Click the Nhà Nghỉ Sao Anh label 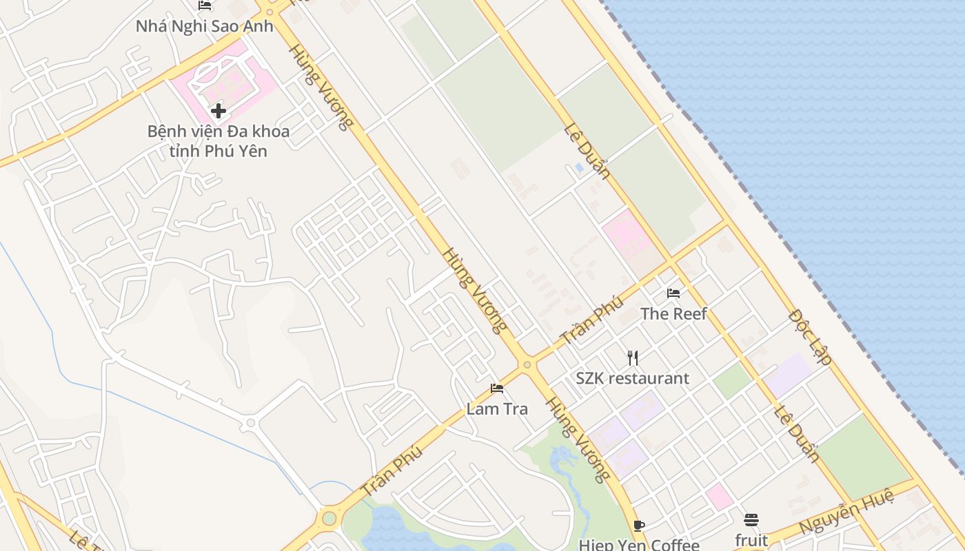click(205, 27)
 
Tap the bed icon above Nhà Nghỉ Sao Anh click(205, 6)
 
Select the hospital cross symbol click(219, 111)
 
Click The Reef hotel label click(673, 314)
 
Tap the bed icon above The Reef click(673, 293)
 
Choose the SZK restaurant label click(632, 378)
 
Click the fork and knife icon click(633, 357)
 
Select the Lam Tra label click(497, 408)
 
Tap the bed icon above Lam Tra click(497, 388)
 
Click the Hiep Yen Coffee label click(639, 545)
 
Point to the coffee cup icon click(639, 526)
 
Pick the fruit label click(751, 539)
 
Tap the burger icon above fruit click(751, 519)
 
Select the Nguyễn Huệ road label click(846, 510)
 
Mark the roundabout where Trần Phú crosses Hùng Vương click(527, 364)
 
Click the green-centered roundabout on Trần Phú click(329, 517)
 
